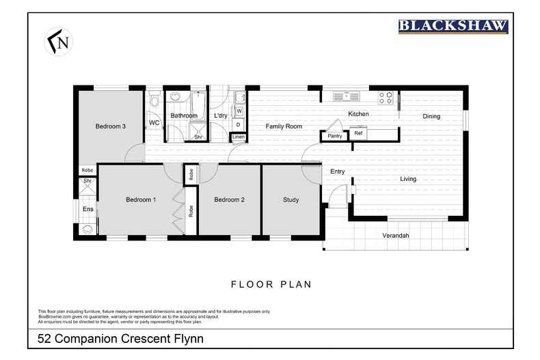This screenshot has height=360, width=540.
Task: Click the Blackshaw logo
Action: pyautogui.click(x=453, y=27)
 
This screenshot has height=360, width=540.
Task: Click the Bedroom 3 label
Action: pyautogui.click(x=110, y=126)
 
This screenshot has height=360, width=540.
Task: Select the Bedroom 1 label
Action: pyautogui.click(x=141, y=200)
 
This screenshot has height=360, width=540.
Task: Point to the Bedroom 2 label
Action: pyautogui.click(x=229, y=200)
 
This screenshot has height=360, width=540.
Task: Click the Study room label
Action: pyautogui.click(x=291, y=200)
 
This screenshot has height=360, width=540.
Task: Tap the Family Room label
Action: pyautogui.click(x=284, y=126)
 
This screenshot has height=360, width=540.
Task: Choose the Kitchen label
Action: pyautogui.click(x=358, y=114)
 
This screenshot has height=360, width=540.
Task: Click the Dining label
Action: pyautogui.click(x=431, y=117)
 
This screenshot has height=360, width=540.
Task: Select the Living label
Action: pyautogui.click(x=408, y=179)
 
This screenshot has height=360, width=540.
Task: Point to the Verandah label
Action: pyautogui.click(x=395, y=236)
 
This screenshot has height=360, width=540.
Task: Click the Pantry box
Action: pyautogui.click(x=334, y=136)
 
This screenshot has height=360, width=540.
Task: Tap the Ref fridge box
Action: pyautogui.click(x=358, y=134)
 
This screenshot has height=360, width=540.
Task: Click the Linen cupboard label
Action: pyautogui.click(x=238, y=137)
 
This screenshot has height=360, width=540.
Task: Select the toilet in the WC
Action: pyautogui.click(x=154, y=102)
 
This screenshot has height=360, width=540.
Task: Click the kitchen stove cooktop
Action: pyautogui.click(x=386, y=97)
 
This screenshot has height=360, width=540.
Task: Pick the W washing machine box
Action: pyautogui.click(x=239, y=111)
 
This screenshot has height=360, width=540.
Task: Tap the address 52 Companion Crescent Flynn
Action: pyautogui.click(x=120, y=339)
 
